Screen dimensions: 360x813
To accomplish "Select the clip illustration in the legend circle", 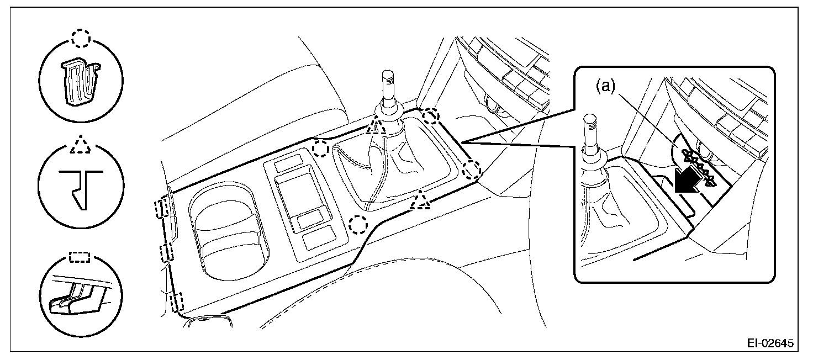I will [81, 82].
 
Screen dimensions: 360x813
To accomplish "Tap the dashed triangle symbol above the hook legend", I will [81, 145].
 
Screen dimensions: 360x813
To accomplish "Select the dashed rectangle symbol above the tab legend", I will [81, 257].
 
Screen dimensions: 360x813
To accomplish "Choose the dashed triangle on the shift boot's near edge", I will [421, 200].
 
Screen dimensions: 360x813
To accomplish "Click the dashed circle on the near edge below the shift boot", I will [358, 224].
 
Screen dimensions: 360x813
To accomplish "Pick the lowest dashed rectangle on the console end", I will [177, 303].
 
